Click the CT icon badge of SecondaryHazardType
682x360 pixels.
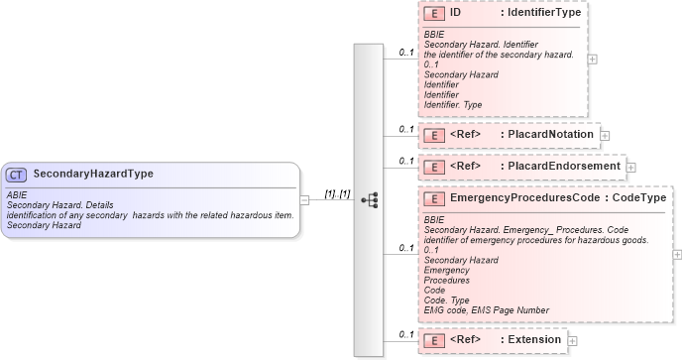pyautogui.click(x=17, y=174)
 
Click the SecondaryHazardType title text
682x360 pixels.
pyautogui.click(x=92, y=174)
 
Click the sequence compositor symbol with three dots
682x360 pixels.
pyautogui.click(x=369, y=199)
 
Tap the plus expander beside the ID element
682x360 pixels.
pyautogui.click(x=593, y=60)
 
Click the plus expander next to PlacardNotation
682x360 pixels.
pyautogui.click(x=605, y=135)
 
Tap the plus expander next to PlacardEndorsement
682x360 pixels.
pyautogui.click(x=630, y=167)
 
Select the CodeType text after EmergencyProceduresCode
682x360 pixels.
pyautogui.click(x=639, y=198)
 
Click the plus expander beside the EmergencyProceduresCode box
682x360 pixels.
pyautogui.click(x=677, y=254)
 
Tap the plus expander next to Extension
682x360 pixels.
pyautogui.click(x=573, y=341)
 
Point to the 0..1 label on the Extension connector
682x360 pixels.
pyautogui.click(x=405, y=334)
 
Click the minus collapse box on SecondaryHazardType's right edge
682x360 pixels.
pyautogui.click(x=305, y=199)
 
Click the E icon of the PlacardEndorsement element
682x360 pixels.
pyautogui.click(x=432, y=166)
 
